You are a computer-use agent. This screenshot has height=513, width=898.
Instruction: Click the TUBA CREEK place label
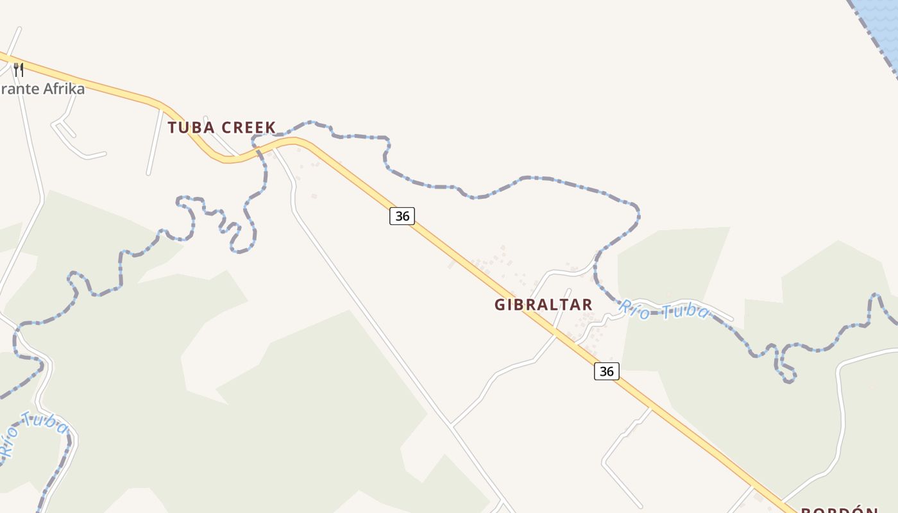221,128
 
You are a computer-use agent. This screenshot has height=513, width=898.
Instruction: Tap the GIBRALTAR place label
543,305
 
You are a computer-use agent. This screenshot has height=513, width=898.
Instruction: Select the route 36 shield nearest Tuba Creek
402,216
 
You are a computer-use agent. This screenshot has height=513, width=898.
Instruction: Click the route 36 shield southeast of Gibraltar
606,371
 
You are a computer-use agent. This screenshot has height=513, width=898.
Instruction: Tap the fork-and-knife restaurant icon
19,69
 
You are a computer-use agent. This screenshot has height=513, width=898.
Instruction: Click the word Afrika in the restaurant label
64,88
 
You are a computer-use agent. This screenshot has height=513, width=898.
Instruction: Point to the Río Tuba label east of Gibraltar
664,310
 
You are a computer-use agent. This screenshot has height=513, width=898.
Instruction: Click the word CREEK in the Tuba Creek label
248,128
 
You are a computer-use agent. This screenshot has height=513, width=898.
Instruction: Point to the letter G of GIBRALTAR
500,305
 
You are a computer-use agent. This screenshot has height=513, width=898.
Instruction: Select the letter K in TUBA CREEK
271,128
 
